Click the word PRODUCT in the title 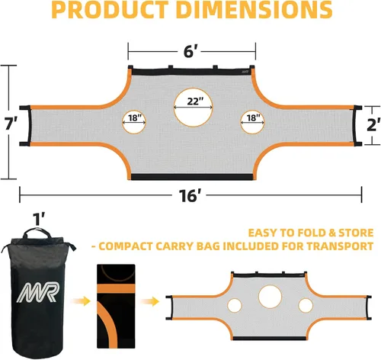click(x=110, y=10)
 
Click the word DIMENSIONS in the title click(x=254, y=10)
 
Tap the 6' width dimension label click(x=189, y=51)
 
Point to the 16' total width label click(x=188, y=195)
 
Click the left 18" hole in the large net click(x=134, y=122)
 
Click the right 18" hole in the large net click(x=252, y=122)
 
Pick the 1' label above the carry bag click(x=39, y=219)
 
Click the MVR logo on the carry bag click(x=38, y=292)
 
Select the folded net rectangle click(x=116, y=306)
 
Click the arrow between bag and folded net click(x=81, y=301)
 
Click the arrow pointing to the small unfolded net click(x=150, y=302)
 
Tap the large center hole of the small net click(x=270, y=297)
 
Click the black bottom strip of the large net click(x=192, y=177)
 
